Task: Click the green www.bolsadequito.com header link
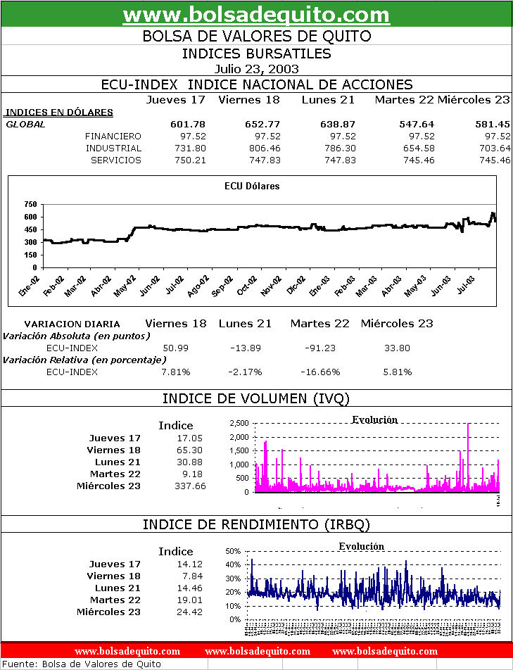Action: (x=256, y=14)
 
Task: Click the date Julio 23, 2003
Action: (x=256, y=69)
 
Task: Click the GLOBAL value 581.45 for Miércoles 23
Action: (x=493, y=124)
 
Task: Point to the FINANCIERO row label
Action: (x=113, y=137)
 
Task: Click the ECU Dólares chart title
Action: (x=251, y=187)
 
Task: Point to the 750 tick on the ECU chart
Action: (x=30, y=205)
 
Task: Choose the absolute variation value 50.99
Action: (x=175, y=348)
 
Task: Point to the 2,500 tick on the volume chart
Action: (x=239, y=423)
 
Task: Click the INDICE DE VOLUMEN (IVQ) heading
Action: (x=256, y=399)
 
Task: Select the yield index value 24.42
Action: (x=188, y=612)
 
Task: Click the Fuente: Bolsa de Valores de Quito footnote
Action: (x=83, y=664)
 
